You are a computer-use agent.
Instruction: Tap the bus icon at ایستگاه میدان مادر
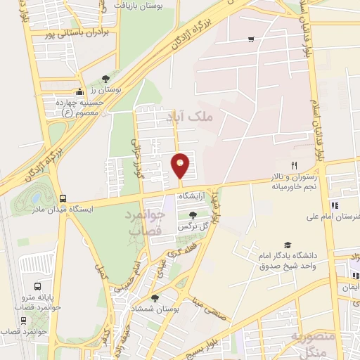(x=63, y=198)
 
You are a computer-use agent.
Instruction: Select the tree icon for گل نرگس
(x=193, y=215)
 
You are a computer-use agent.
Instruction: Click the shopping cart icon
(x=251, y=39)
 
